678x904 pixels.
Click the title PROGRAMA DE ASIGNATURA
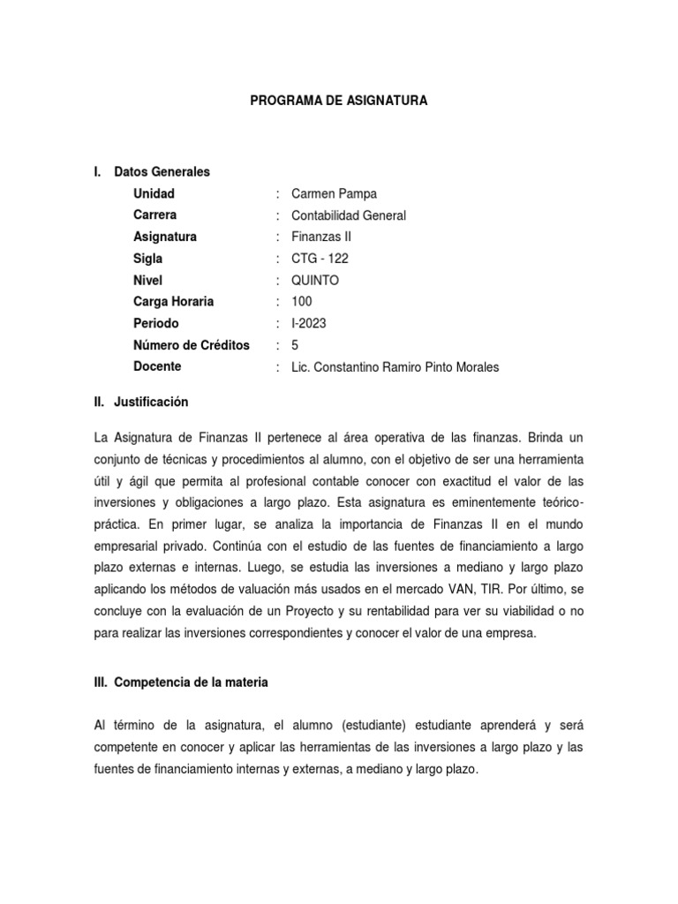339,102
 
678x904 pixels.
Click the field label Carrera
154,215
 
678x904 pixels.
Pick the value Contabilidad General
349,215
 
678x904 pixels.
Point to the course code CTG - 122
320,259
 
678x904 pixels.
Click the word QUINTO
314,280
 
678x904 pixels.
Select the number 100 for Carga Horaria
301,302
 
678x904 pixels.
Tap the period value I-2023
308,323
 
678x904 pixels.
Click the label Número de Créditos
191,345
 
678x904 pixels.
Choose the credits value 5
295,345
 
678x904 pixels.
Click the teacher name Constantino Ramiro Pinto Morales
407,367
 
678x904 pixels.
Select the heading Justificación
151,402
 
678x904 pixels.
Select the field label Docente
157,366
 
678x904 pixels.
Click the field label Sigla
148,259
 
